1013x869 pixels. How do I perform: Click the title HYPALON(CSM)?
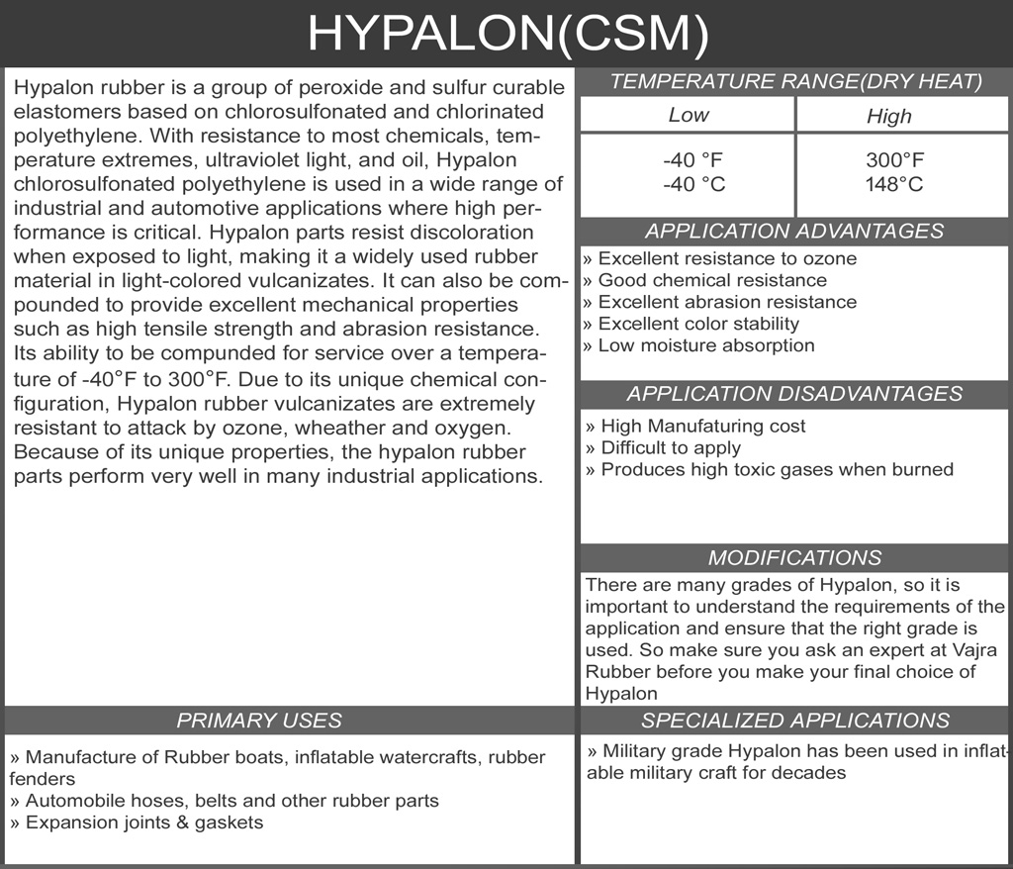point(506,33)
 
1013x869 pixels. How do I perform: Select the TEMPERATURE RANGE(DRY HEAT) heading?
point(795,82)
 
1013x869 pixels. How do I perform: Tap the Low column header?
point(688,115)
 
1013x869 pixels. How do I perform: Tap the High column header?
point(888,116)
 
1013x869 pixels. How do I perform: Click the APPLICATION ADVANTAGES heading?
point(794,231)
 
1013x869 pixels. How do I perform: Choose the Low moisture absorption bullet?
point(698,345)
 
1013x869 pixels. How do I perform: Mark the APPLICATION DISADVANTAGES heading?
point(794,393)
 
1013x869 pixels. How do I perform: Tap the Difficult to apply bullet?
point(663,447)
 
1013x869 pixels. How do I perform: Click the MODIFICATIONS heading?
point(794,557)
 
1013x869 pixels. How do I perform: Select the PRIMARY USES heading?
point(259,720)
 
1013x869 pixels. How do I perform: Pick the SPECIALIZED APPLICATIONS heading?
point(794,720)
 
